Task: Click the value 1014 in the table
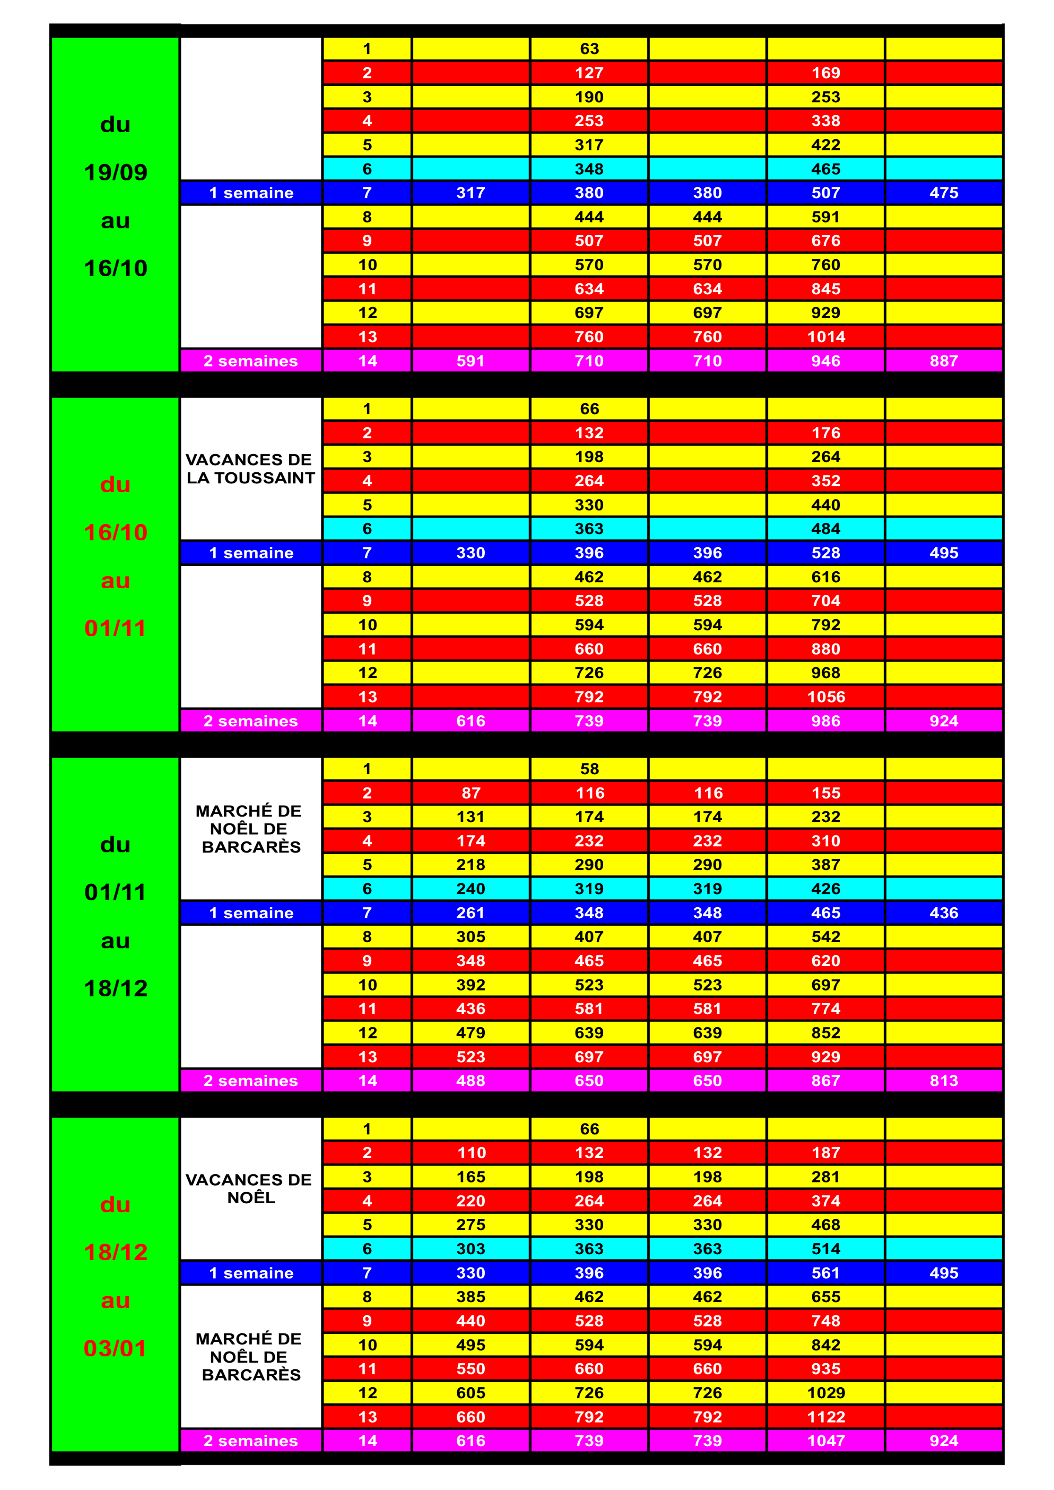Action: pos(825,337)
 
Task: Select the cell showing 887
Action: pos(944,361)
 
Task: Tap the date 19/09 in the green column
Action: pos(116,172)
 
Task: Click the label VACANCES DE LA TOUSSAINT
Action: pos(251,468)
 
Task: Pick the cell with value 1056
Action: pos(825,697)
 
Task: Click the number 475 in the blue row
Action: pos(944,193)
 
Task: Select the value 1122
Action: pos(825,1417)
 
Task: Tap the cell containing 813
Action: pos(944,1081)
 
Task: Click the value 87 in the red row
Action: pos(471,793)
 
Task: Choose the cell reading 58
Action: pos(589,769)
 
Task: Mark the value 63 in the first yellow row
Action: pos(589,49)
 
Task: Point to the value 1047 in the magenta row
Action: pos(825,1441)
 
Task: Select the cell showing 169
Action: pos(825,73)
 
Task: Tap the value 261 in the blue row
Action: pos(471,913)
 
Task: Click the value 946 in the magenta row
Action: pos(825,361)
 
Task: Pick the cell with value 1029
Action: pos(825,1393)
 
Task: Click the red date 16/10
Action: pos(116,532)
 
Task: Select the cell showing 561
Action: pos(825,1273)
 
